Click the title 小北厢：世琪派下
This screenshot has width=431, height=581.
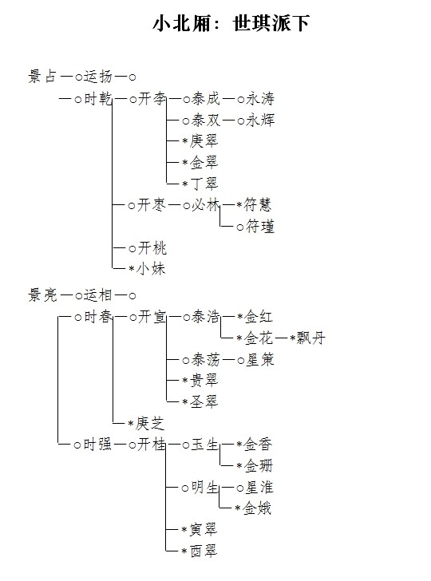[x=231, y=23]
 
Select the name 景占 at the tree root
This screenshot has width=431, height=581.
[x=42, y=77]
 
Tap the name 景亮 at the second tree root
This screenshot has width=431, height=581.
[x=42, y=295]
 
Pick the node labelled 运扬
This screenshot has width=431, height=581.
[x=98, y=77]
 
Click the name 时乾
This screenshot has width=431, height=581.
[x=98, y=99]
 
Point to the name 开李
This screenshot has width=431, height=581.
[x=152, y=99]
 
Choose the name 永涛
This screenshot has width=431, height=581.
[x=260, y=99]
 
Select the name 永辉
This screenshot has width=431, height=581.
[x=260, y=120]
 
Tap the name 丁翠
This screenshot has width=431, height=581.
[x=204, y=184]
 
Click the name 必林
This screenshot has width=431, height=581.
[x=206, y=204]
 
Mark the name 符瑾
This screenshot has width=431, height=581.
[x=260, y=226]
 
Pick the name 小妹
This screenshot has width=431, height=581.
[x=151, y=269]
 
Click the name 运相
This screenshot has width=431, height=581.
[x=98, y=295]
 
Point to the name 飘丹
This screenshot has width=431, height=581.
[x=311, y=338]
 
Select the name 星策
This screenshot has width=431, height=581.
[x=260, y=359]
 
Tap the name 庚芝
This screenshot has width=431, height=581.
[x=150, y=423]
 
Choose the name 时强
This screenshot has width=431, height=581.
[x=97, y=445]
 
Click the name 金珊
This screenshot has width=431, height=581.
[x=259, y=466]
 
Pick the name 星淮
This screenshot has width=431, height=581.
[x=259, y=488]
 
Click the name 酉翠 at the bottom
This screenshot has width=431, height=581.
[x=204, y=551]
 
